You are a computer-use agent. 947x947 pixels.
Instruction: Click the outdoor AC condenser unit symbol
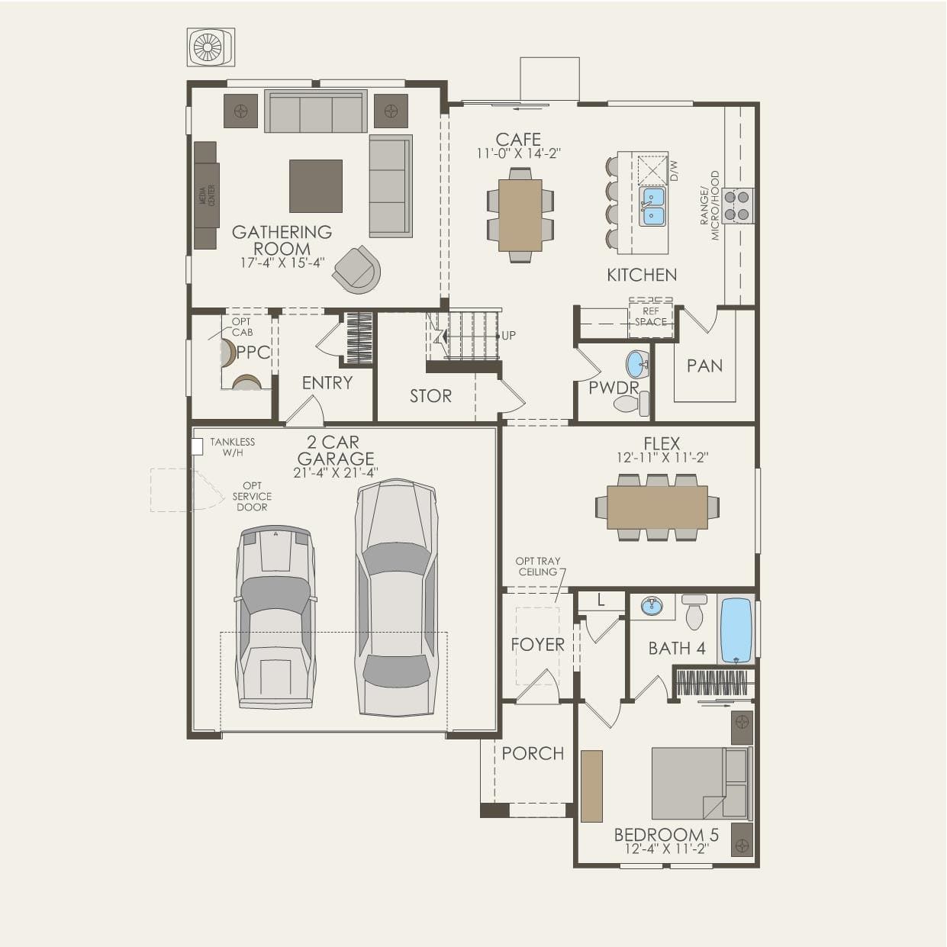click(211, 47)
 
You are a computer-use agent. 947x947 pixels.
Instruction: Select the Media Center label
click(207, 195)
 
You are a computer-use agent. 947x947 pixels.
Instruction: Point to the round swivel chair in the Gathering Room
click(357, 269)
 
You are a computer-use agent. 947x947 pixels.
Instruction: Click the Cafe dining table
click(520, 215)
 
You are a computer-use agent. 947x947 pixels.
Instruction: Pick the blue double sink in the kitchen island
click(652, 206)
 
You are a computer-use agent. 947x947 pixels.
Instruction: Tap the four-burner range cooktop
click(736, 205)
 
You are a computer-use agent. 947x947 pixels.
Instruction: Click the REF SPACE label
click(651, 317)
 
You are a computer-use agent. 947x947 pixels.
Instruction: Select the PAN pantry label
click(705, 366)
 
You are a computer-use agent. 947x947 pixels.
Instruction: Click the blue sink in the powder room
click(637, 364)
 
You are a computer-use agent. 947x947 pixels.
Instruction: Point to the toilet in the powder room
click(632, 404)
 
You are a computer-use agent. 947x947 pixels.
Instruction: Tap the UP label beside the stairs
click(509, 336)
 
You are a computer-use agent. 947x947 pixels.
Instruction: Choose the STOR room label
click(430, 396)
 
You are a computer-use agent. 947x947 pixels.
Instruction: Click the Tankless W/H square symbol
click(197, 446)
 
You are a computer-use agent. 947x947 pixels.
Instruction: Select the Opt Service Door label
click(252, 496)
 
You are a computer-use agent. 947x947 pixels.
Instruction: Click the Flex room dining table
click(657, 507)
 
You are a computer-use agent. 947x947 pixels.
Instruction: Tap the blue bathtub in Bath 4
click(736, 630)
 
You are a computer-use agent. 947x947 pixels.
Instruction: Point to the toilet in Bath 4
click(694, 612)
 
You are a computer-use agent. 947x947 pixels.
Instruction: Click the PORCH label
click(533, 753)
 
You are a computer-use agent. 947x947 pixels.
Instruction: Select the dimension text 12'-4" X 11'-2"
click(666, 849)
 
